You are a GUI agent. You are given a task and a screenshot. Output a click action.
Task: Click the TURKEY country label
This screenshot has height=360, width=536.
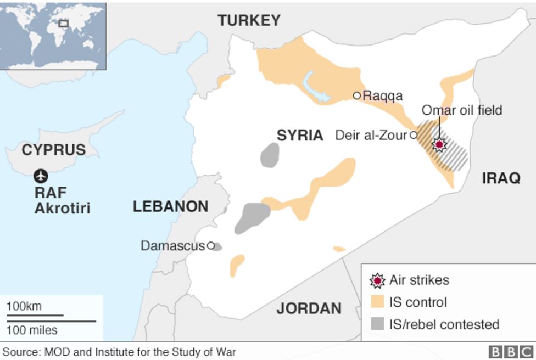(x=249, y=21)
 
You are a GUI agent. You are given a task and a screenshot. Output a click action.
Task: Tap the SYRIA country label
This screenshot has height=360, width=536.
(x=299, y=136)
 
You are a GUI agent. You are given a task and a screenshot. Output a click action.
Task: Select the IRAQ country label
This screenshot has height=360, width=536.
(x=500, y=178)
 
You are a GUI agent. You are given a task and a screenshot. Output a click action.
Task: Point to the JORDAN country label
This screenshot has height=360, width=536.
(x=308, y=308)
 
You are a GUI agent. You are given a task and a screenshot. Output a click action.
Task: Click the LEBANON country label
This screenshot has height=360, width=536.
(x=170, y=207)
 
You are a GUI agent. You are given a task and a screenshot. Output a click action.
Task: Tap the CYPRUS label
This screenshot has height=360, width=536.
(x=53, y=150)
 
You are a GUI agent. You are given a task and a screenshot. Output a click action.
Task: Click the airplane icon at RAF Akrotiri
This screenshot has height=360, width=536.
(x=41, y=176)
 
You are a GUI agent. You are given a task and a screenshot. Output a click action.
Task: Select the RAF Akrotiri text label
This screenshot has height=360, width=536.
(x=62, y=201)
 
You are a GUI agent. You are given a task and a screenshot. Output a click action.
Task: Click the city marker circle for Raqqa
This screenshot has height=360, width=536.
(x=357, y=95)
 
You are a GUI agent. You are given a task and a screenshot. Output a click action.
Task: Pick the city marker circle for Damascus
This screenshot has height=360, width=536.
(x=210, y=246)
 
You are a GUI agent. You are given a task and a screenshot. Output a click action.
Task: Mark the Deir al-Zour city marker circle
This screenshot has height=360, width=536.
(x=413, y=135)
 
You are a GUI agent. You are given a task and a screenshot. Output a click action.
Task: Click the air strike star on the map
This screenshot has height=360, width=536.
(x=439, y=145)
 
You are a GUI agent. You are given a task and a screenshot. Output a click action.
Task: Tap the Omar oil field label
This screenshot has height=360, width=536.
(x=461, y=110)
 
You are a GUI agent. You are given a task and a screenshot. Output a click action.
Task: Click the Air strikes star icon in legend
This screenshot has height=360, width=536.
(x=377, y=280)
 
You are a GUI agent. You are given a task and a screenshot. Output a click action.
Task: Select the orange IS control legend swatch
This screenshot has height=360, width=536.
(x=377, y=302)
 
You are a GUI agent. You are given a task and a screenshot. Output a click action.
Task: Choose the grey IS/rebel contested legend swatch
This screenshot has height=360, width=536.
(x=377, y=324)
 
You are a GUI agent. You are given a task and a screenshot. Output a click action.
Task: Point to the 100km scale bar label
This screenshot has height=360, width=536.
(x=24, y=306)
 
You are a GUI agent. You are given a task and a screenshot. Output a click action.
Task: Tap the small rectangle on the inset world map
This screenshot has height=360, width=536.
(x=64, y=23)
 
